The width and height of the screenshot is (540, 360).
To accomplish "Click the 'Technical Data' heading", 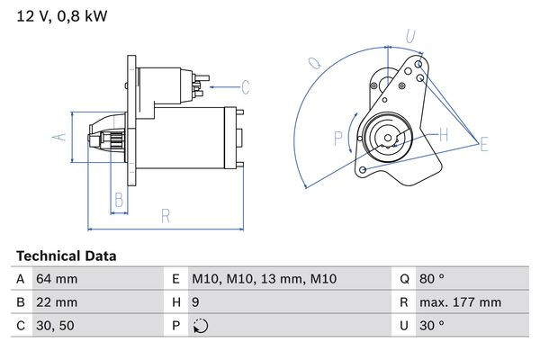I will pyautogui.click(x=66, y=256).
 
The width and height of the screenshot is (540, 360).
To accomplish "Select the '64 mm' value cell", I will pyautogui.click(x=56, y=280).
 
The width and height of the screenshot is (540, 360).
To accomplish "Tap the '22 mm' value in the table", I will pyautogui.click(x=56, y=303).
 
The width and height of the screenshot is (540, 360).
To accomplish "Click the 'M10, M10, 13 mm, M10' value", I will pyautogui.click(x=265, y=280).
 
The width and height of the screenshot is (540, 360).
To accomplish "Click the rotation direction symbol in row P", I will pyautogui.click(x=200, y=327).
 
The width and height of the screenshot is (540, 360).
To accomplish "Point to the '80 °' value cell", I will pyautogui.click(x=434, y=280).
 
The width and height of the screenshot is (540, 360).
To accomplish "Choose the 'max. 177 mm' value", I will pyautogui.click(x=460, y=303).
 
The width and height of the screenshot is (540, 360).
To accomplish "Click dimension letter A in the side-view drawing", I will pyautogui.click(x=57, y=137).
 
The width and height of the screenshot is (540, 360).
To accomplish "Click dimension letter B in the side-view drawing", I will pyautogui.click(x=118, y=200).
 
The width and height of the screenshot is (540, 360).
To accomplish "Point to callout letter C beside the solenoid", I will pyautogui.click(x=246, y=87).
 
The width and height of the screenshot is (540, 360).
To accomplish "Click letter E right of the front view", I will pyautogui.click(x=484, y=144).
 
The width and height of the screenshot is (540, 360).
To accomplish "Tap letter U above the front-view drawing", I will pyautogui.click(x=409, y=37).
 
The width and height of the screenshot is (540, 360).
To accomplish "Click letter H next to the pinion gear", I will pyautogui.click(x=443, y=135).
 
